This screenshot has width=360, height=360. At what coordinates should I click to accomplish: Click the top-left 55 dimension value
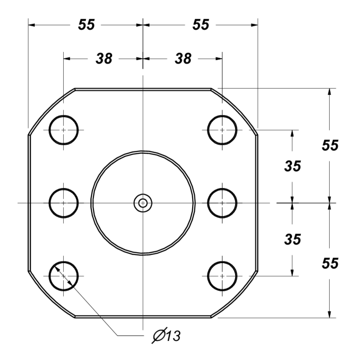point(86,25)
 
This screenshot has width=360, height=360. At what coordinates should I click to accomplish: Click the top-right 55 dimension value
point(200,25)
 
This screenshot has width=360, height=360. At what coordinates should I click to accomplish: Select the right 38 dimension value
point(183,58)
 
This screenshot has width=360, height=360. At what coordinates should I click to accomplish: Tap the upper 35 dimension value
point(293,166)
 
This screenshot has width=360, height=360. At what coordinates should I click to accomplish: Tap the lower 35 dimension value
point(293,239)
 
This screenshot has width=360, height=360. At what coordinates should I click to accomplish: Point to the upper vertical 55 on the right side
point(330,145)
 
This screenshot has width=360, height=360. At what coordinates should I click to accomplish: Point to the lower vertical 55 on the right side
point(330,263)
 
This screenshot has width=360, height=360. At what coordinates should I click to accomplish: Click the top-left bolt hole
point(64,130)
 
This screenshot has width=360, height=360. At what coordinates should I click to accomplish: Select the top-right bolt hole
point(222,130)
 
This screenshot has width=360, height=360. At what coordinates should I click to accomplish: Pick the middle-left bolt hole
point(64,203)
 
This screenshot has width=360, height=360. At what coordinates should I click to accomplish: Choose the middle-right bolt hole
point(222,203)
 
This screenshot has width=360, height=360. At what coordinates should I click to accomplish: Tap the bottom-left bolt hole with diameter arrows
point(64,275)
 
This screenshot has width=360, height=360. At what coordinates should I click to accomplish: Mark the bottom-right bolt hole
point(222,275)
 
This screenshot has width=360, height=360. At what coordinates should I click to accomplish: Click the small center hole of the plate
point(143,203)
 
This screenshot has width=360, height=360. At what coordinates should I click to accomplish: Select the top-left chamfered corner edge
point(52,111)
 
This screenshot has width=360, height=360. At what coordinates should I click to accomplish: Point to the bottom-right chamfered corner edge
point(235,294)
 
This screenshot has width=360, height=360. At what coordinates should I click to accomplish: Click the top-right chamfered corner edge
point(235,111)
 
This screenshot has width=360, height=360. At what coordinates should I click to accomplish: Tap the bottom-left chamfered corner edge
point(52,294)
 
